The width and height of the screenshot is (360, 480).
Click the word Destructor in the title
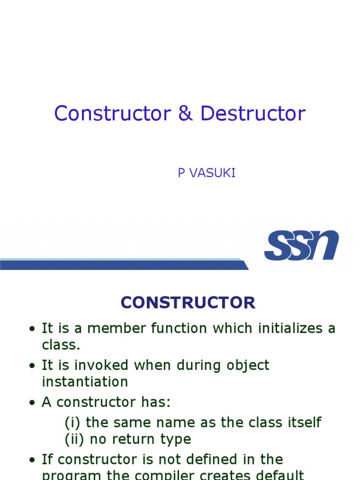[x=253, y=114]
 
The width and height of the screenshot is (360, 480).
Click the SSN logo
[x=301, y=245]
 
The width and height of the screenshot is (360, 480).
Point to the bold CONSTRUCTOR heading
[x=188, y=303]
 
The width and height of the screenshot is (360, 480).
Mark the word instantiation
[x=85, y=382]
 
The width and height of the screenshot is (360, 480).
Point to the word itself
[x=303, y=422]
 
